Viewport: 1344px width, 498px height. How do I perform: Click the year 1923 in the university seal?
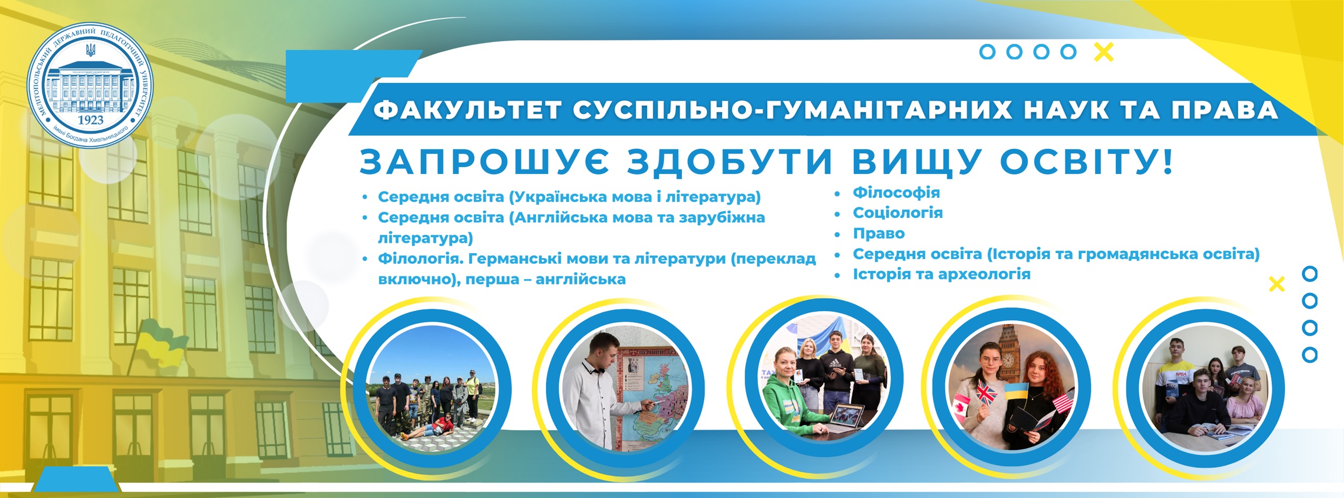(90, 120)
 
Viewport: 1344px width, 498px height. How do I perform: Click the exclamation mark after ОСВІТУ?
(1167, 161)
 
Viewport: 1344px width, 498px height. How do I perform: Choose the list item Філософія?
(896, 192)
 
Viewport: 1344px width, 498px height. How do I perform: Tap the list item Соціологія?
(898, 213)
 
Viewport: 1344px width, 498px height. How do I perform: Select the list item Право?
(879, 233)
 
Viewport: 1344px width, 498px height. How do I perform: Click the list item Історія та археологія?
(941, 274)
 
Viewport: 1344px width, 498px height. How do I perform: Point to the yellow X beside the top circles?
(1104, 52)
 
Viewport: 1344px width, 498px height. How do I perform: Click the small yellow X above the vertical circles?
(1277, 284)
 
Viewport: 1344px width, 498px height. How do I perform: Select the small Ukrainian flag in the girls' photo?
(1016, 391)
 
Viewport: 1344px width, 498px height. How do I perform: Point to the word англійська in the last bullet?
(580, 279)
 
